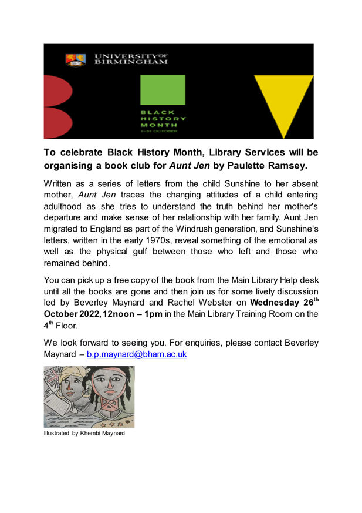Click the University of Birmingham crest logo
75,59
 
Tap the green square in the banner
162,90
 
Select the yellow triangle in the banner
283,103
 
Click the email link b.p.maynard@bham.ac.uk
137,354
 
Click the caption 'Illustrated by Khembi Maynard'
84,434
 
